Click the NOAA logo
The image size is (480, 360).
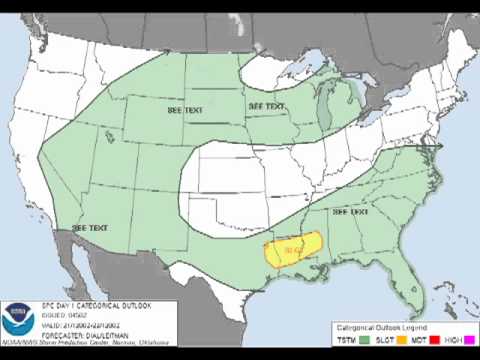[19, 321]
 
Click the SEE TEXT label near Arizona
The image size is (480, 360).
[90, 228]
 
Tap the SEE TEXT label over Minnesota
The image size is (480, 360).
[267, 105]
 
